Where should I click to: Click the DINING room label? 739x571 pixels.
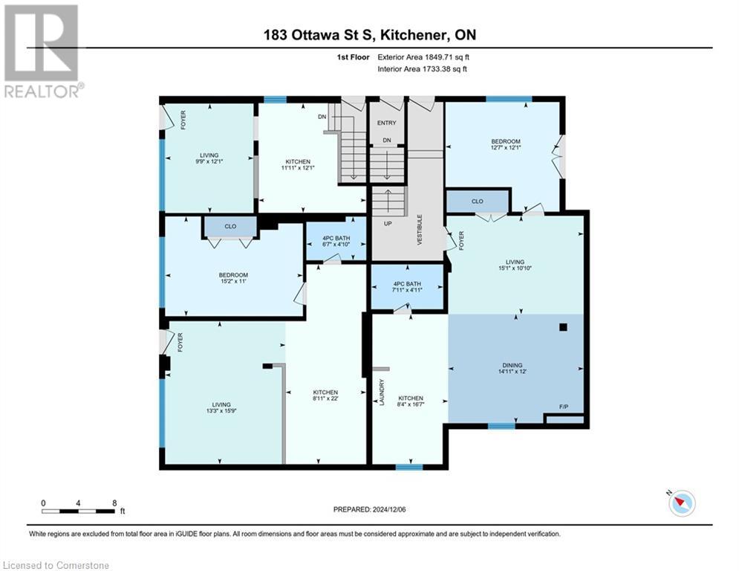(512, 365)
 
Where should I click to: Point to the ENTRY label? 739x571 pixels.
(387, 123)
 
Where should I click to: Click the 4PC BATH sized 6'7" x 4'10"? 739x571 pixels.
(336, 239)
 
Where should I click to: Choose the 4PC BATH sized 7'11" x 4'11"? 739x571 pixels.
(407, 287)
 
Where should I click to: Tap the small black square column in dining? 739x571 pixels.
(564, 326)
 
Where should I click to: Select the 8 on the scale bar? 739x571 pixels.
(114, 503)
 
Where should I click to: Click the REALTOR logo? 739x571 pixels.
(42, 51)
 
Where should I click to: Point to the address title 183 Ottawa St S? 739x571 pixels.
(370, 36)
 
